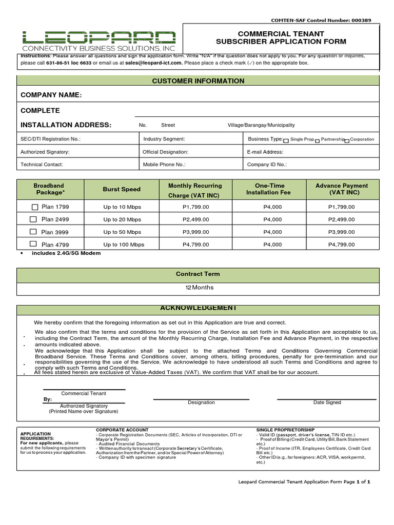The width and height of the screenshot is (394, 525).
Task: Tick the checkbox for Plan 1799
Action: [x=35, y=207]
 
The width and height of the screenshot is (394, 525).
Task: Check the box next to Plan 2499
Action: [x=33, y=219]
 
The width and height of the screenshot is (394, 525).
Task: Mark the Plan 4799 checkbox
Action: [x=33, y=244]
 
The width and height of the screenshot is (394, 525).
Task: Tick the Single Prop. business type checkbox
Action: [x=286, y=140]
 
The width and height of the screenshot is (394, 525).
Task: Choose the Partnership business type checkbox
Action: [x=318, y=140]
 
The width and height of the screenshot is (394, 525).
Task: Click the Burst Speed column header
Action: [x=122, y=189]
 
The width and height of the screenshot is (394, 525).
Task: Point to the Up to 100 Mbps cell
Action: [x=122, y=245]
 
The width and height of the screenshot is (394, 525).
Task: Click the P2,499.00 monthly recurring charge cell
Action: [x=195, y=219]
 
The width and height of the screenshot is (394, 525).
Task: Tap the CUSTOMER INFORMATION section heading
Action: [x=198, y=81]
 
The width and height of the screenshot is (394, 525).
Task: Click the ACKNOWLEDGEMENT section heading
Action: [x=198, y=308]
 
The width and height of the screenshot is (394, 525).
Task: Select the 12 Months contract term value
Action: [x=199, y=288]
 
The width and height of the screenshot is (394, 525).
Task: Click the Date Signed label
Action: [x=327, y=402]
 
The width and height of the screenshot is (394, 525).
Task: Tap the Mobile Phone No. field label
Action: [x=164, y=165]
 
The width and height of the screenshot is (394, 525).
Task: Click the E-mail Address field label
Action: [x=265, y=152]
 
